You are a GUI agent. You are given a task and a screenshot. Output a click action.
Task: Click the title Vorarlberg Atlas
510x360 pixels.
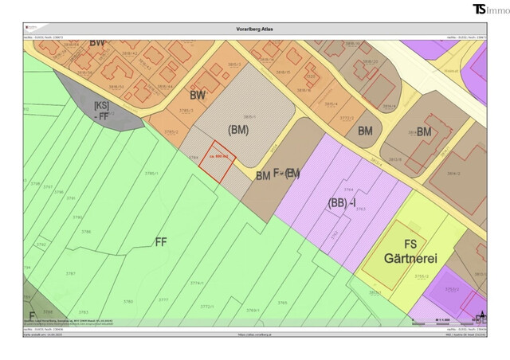[x=255, y=29]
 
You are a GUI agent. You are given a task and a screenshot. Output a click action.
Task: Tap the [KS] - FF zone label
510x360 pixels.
[x=102, y=111]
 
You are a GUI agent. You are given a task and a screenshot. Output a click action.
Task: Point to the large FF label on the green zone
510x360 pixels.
[x=161, y=241]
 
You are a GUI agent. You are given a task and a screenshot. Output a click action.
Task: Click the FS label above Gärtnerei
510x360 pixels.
[x=412, y=244]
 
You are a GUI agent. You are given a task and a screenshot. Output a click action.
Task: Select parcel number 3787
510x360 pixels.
[x=70, y=273]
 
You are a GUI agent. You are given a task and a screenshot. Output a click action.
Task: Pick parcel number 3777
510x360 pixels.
[x=163, y=299]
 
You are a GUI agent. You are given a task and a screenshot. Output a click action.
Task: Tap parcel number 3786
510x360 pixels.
[x=87, y=231]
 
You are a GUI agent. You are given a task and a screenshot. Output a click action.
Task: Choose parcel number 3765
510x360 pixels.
[x=281, y=303]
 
